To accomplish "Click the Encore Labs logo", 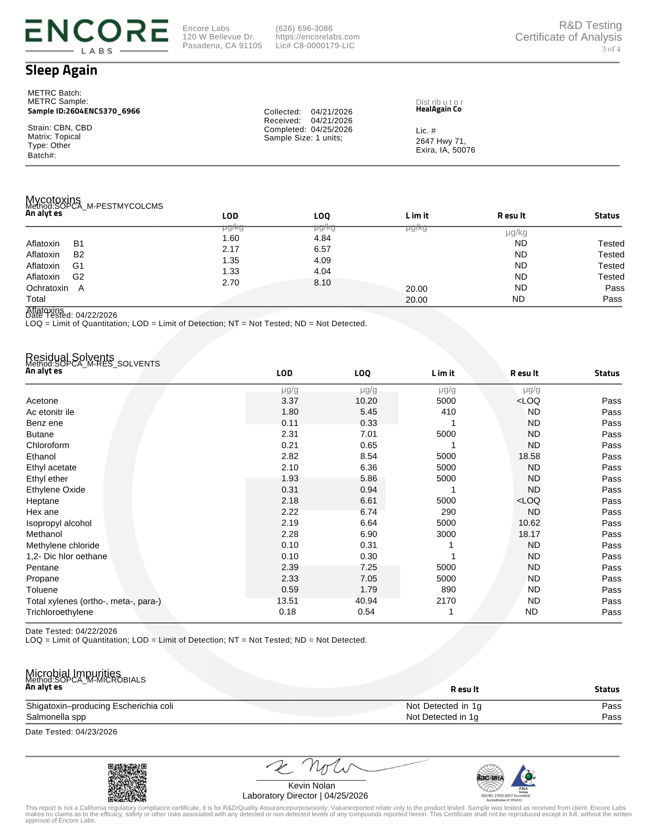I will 96,36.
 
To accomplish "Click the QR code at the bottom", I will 127,782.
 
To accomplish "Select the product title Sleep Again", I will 61,70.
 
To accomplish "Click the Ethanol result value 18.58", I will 529,456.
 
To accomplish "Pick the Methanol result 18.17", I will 529,534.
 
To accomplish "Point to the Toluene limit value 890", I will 448,589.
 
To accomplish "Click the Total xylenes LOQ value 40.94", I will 366,601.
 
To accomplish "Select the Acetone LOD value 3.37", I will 289,401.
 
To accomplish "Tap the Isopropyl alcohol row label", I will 59,523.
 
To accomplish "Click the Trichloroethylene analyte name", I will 60,612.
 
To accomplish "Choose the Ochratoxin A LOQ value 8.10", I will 322,283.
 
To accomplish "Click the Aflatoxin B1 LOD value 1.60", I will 231,238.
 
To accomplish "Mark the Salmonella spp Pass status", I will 611,717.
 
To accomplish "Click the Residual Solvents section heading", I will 70,357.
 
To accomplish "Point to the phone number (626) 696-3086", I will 304,29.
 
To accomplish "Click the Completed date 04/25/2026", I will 331,130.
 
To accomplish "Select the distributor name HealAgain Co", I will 438,109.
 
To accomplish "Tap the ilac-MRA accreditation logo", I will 490,778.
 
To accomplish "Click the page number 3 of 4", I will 611,49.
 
